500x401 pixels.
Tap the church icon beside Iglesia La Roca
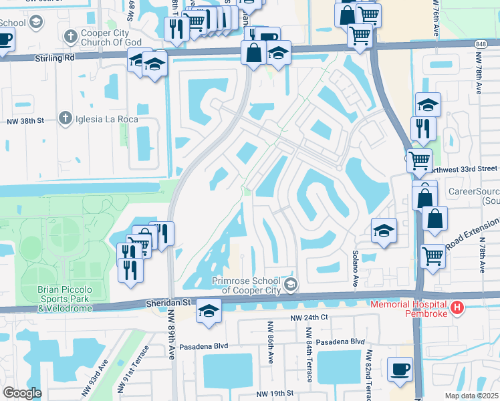pos(65,118)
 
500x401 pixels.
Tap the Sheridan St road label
pos(167,303)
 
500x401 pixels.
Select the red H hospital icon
pos(457,308)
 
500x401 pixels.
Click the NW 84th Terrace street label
pos(309,354)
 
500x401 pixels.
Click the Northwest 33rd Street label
pos(464,168)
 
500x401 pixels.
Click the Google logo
pos(22,393)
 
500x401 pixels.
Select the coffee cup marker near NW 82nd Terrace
pos(400,370)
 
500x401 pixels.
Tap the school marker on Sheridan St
pos(209,311)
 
